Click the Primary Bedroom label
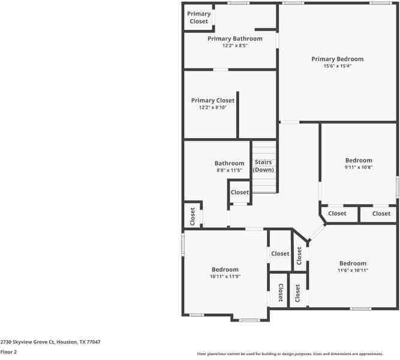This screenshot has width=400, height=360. (337, 59)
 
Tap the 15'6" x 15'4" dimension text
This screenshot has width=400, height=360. (337, 66)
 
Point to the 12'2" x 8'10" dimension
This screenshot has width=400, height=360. (213, 107)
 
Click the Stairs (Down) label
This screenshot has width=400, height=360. (263, 166)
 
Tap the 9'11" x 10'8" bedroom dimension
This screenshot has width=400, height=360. (359, 167)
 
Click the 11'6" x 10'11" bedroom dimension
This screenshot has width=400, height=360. (353, 271)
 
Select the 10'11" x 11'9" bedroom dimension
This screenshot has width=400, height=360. (225, 277)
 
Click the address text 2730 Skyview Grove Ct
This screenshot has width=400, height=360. (50, 341)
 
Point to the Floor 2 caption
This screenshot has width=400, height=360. (8, 352)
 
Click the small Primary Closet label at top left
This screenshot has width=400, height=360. (199, 17)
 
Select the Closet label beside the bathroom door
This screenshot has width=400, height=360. (240, 192)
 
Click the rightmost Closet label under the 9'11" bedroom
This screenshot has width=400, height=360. (381, 213)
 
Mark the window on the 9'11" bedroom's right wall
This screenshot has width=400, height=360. (397, 186)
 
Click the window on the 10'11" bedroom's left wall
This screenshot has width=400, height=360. (183, 245)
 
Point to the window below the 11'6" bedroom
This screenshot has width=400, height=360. (360, 309)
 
